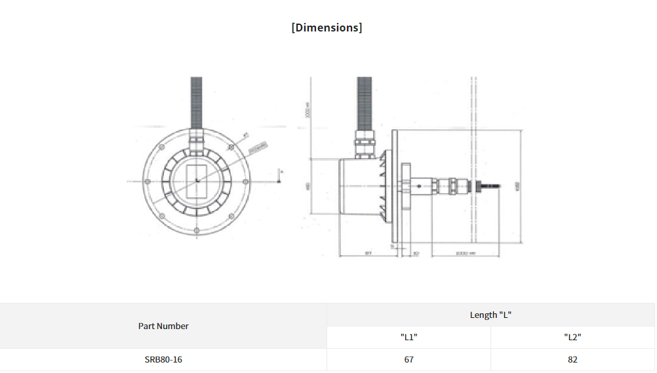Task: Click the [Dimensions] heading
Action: (x=327, y=28)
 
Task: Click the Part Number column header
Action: (x=163, y=326)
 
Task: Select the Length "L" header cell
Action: (x=490, y=315)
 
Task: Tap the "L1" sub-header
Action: (x=408, y=337)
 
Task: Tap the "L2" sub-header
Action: (x=572, y=337)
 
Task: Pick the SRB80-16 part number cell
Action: (x=163, y=359)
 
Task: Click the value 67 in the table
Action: (x=408, y=359)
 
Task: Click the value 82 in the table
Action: (x=572, y=359)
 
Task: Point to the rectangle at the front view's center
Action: (x=197, y=182)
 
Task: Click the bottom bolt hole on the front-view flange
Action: (x=197, y=231)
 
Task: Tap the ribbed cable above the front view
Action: (x=197, y=102)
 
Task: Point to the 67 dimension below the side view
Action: (x=368, y=252)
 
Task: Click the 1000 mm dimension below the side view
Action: (x=464, y=252)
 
